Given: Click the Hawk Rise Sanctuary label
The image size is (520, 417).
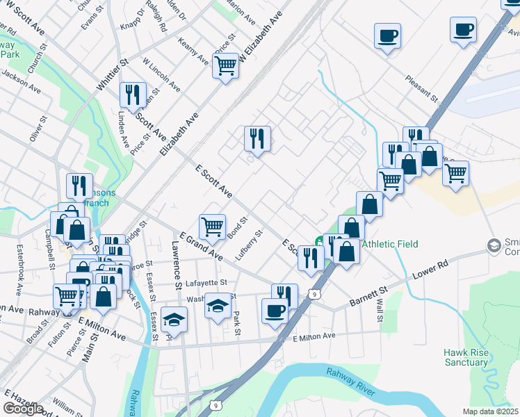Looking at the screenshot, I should tap(466, 357).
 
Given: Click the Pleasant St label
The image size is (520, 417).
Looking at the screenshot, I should tap(422, 89).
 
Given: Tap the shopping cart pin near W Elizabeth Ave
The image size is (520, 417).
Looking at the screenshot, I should tap(226, 66).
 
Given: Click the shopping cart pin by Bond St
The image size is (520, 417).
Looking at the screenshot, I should tap(212, 224).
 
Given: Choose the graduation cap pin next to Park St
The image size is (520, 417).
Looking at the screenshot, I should tap(218, 305).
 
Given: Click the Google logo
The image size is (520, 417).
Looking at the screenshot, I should tap(23, 409).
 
